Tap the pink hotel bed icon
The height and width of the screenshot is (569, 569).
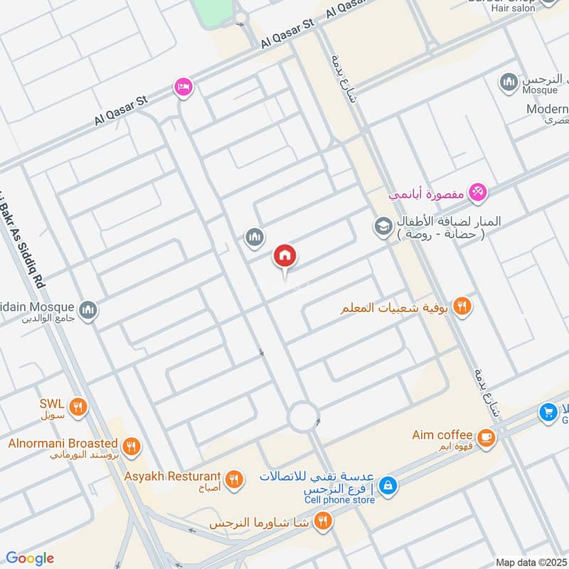pyautogui.click(x=184, y=87)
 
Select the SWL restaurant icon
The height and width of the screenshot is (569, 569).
pyautogui.click(x=78, y=408)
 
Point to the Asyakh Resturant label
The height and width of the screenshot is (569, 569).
pyautogui.click(x=172, y=476)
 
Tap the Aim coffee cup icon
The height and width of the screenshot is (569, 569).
pyautogui.click(x=486, y=437)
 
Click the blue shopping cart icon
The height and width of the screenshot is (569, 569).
pyautogui.click(x=548, y=412)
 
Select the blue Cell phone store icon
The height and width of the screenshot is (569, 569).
pyautogui.click(x=388, y=486)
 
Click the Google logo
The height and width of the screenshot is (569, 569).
pyautogui.click(x=29, y=558)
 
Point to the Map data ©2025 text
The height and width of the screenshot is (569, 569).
pyautogui.click(x=530, y=562)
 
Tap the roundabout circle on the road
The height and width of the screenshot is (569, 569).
pyautogui.click(x=302, y=415)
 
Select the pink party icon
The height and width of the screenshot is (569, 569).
pyautogui.click(x=479, y=191)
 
